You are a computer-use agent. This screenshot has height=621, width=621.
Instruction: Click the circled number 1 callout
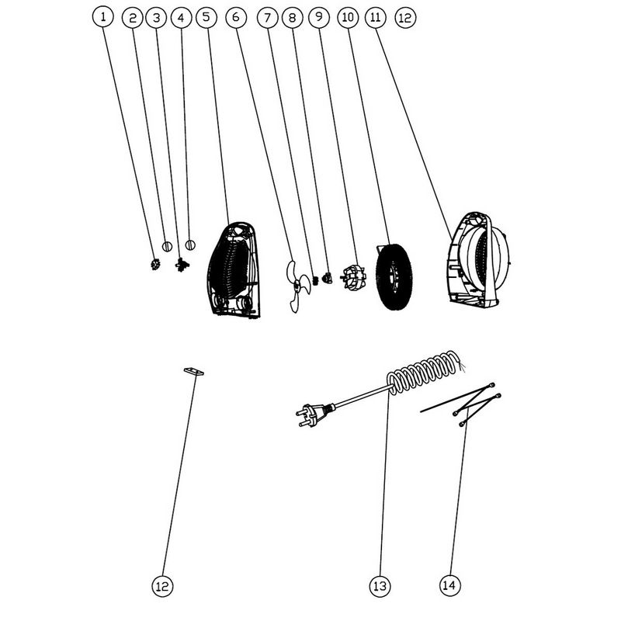(x=103, y=17)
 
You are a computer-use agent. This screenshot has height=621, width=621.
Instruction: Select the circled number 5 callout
(x=206, y=17)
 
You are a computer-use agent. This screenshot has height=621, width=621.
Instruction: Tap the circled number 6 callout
(x=236, y=17)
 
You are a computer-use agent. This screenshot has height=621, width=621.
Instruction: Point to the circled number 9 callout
(x=319, y=17)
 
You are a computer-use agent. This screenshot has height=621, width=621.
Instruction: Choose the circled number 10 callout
(x=348, y=17)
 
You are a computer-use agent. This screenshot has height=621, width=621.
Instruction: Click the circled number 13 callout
(x=380, y=586)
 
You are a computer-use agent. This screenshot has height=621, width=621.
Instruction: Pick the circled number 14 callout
(x=450, y=585)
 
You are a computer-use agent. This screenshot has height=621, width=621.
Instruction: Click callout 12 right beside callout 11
(x=405, y=18)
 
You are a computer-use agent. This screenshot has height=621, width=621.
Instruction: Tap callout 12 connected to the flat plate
(x=162, y=586)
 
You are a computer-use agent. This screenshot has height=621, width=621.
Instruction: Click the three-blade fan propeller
(x=297, y=284)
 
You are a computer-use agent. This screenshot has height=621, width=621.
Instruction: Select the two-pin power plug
(x=312, y=415)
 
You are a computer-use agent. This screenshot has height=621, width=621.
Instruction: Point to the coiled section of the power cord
(x=424, y=373)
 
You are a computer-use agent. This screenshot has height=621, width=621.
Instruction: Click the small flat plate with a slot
(x=193, y=372)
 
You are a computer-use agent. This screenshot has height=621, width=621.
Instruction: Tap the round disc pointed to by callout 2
(x=167, y=246)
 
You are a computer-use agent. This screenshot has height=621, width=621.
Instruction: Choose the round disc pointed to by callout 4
(x=190, y=245)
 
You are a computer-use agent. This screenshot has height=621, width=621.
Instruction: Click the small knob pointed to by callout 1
(x=155, y=264)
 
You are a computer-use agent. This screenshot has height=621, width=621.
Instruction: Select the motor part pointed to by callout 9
(x=352, y=276)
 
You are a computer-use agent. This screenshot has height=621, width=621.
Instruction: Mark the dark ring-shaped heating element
(x=394, y=276)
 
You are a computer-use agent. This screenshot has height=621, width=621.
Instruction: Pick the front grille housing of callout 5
(x=234, y=270)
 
